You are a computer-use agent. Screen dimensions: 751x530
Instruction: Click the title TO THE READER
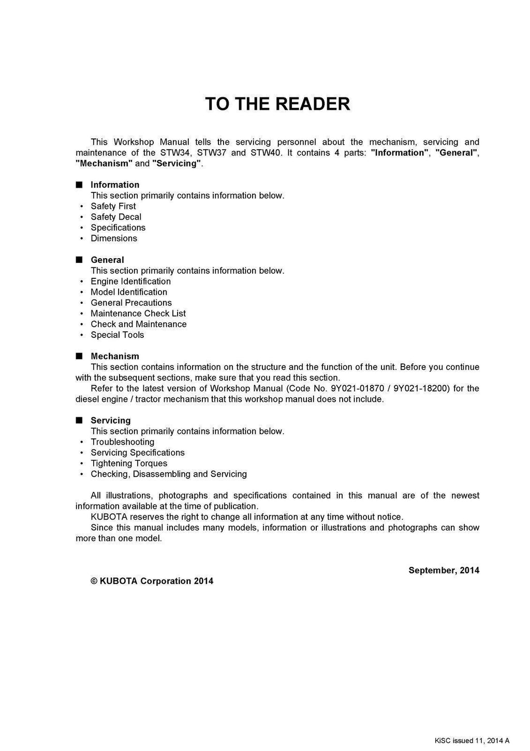point(277,104)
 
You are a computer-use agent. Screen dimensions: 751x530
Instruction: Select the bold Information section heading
point(115,185)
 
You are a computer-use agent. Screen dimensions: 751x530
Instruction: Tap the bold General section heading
point(107,260)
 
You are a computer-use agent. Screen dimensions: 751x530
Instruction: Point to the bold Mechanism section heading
point(115,356)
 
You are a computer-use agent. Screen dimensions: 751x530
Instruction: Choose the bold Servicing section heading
point(110,420)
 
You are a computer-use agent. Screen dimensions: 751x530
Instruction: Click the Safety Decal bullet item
point(116,217)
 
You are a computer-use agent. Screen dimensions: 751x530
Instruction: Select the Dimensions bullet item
point(114,238)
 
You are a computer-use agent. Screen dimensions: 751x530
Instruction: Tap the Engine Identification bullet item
point(130,281)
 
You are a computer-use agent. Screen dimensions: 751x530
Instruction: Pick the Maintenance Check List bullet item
point(138,314)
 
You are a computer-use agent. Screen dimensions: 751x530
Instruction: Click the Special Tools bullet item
point(117,335)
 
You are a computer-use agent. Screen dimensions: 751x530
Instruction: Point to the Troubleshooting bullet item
point(122,442)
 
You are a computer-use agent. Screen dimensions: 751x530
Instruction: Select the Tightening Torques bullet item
point(129,463)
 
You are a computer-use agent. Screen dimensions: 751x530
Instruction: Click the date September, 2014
point(444,570)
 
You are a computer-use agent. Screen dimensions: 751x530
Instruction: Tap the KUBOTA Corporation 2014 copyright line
point(152,581)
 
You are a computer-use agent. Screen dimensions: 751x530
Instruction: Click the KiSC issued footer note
point(472,741)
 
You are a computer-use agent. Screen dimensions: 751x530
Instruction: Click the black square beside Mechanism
point(79,356)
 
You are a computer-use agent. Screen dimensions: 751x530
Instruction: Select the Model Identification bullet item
point(129,292)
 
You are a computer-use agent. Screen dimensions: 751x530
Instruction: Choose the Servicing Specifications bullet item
point(138,452)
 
